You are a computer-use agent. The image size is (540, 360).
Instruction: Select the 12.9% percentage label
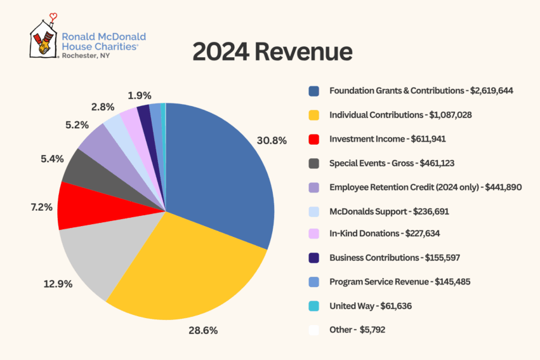coord(58,284)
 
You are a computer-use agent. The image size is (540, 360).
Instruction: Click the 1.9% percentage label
coord(139,95)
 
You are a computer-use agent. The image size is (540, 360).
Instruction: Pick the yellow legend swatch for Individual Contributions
coord(313,116)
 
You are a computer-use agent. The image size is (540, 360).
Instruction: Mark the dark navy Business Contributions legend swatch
coord(313,258)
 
